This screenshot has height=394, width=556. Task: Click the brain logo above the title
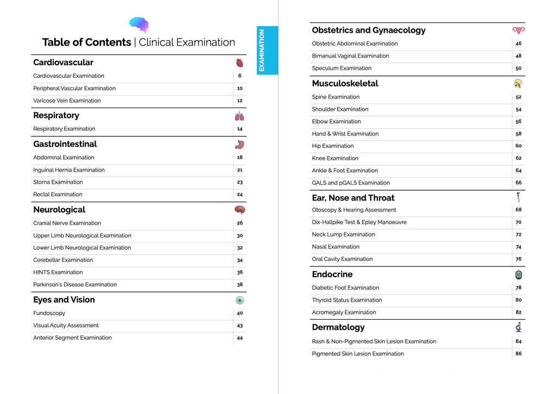click(x=139, y=24)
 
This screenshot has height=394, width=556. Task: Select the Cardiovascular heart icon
click(x=239, y=63)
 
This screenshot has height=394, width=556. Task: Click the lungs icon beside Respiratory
click(x=239, y=116)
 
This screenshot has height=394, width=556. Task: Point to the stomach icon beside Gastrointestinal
click(x=239, y=145)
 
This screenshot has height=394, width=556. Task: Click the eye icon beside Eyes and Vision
click(x=239, y=300)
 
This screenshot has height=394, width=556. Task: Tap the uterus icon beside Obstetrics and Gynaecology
click(x=519, y=30)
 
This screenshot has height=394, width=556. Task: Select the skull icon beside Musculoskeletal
click(x=519, y=84)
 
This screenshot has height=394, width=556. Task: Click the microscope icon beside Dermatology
click(x=519, y=327)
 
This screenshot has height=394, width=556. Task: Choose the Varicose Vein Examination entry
click(x=67, y=101)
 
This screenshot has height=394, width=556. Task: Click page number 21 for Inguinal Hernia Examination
click(x=239, y=170)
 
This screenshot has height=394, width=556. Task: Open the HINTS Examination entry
click(x=58, y=272)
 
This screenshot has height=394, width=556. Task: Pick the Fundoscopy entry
click(x=49, y=313)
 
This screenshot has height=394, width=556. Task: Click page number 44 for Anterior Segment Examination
click(x=239, y=338)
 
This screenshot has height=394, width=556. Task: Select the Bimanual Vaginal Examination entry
click(x=350, y=56)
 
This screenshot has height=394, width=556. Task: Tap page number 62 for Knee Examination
click(x=519, y=158)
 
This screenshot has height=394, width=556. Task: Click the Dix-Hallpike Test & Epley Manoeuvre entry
click(x=359, y=222)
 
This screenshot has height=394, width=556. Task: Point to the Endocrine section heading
click(x=332, y=274)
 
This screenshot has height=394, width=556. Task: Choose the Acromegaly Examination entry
click(x=344, y=312)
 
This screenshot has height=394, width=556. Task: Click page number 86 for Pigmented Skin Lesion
click(x=519, y=354)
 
